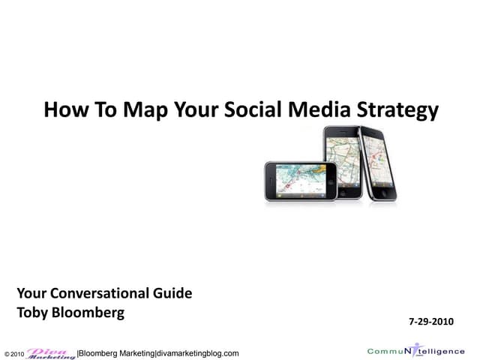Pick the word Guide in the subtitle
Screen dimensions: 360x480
point(174,293)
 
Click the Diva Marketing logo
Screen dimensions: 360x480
point(51,352)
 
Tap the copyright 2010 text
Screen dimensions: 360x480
point(14,353)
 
